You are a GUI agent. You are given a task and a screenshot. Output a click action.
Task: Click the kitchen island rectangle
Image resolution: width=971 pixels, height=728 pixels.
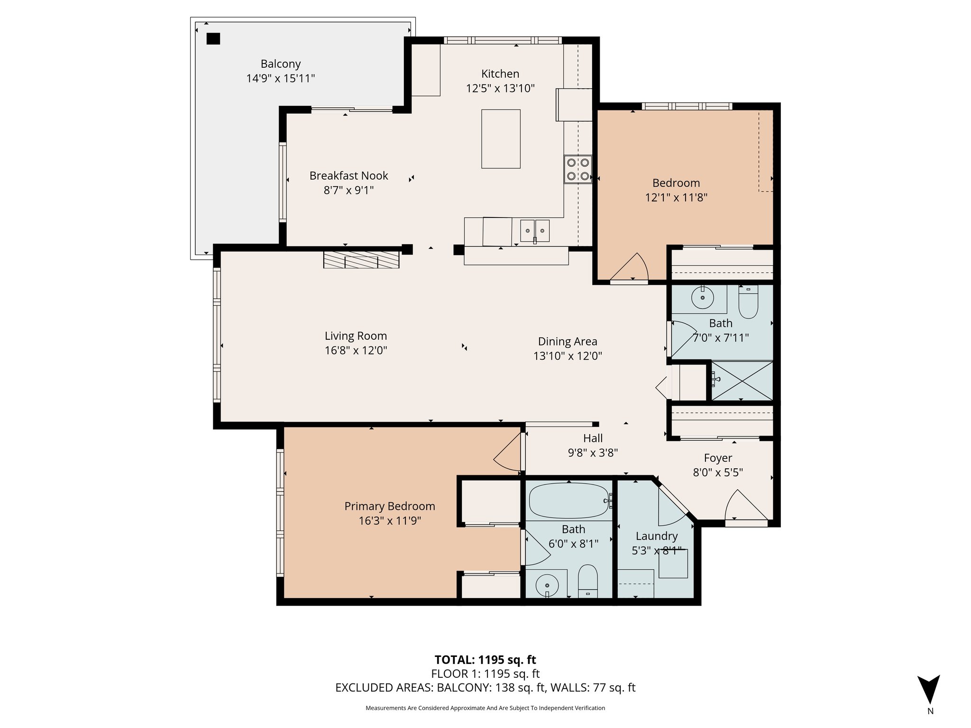501,139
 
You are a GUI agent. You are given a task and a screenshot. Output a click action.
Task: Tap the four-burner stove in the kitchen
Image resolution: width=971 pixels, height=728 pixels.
578,170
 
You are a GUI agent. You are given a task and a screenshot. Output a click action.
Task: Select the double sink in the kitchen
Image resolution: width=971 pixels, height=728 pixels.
535,231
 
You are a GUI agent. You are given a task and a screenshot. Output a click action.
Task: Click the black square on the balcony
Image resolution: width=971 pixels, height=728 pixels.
213,38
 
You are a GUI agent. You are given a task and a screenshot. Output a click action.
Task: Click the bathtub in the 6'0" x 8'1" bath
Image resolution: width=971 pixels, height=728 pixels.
568,500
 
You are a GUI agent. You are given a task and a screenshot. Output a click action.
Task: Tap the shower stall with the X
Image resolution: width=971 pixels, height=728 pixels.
742,381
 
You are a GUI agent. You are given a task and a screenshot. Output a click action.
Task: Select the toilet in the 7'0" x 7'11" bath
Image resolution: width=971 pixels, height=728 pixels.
749,303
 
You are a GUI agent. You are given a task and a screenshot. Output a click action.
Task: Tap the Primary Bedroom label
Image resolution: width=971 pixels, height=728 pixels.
390,506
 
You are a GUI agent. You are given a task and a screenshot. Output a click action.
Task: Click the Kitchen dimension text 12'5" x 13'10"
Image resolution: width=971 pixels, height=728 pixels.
500,88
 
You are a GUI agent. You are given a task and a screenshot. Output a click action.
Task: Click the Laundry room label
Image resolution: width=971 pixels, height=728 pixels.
657,536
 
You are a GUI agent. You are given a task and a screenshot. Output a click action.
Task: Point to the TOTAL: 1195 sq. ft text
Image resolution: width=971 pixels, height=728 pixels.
485,660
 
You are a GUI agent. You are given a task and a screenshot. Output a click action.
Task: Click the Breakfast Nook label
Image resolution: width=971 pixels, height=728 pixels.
348,176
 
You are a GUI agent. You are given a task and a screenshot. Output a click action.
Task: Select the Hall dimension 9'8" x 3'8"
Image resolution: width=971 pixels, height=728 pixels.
593,453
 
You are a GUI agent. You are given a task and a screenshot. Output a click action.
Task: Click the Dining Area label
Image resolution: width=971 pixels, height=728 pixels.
568,341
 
